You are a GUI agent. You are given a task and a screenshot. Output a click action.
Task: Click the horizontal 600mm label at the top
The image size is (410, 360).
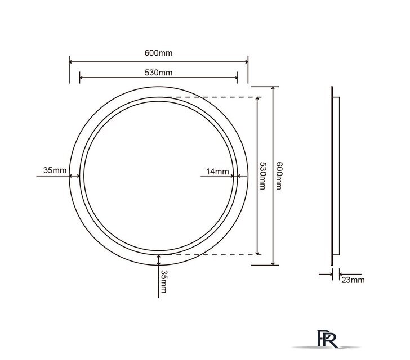click(158, 53)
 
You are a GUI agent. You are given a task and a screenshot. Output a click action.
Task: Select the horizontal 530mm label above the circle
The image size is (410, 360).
click(158, 73)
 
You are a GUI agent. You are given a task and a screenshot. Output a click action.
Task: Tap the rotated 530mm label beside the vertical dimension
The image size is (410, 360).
click(262, 175)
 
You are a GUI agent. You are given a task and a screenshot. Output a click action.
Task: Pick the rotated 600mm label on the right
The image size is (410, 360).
click(278, 175)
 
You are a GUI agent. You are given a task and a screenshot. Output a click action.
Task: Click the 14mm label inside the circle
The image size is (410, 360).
click(217, 172)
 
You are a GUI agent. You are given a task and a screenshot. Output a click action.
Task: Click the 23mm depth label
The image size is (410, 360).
click(353, 280)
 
